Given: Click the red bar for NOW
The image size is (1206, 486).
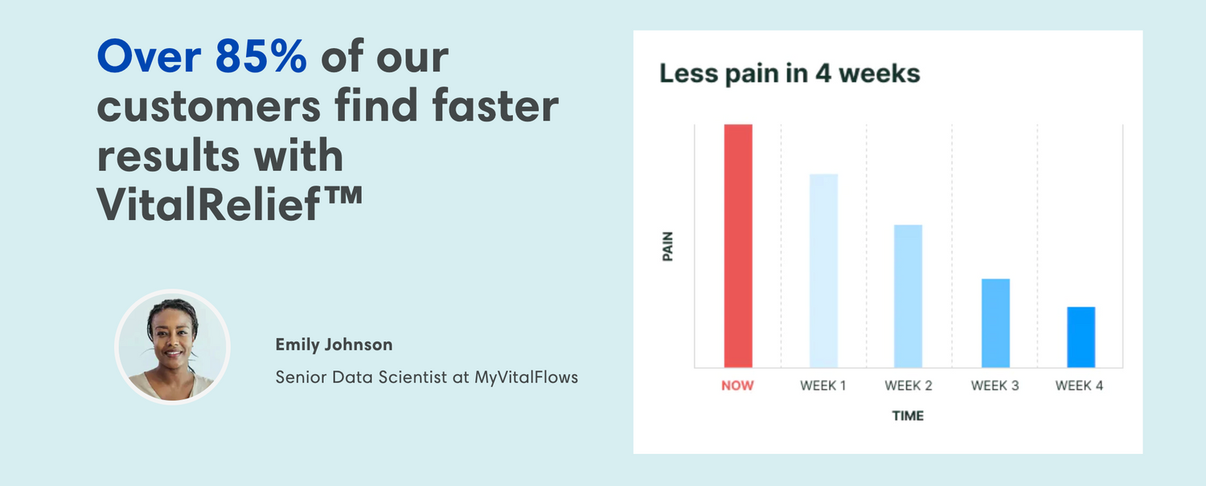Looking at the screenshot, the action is (x=738, y=246).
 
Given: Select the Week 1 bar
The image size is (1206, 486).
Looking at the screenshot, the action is (x=824, y=271).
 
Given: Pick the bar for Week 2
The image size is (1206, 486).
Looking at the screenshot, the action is (x=909, y=296).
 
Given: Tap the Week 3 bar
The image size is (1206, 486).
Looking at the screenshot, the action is (x=995, y=323).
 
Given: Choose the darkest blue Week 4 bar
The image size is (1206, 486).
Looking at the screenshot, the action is (x=1081, y=337).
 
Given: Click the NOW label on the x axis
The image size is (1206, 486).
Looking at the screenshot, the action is (x=737, y=386).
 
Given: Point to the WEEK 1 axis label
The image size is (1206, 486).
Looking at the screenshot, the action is (x=823, y=386).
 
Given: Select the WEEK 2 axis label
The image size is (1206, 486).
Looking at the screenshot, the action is (x=909, y=386).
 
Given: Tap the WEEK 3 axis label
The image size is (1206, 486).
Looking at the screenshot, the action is (x=995, y=386).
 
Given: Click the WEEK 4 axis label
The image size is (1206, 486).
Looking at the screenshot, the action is (x=1079, y=386).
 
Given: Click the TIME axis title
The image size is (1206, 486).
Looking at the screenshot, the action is (x=908, y=415).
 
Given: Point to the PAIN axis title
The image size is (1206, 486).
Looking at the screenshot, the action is (x=667, y=247).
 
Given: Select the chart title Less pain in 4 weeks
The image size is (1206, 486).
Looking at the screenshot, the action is (x=790, y=74).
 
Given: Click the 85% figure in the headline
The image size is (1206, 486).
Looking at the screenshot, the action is (x=261, y=56).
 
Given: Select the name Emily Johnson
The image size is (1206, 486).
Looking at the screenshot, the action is (x=334, y=345).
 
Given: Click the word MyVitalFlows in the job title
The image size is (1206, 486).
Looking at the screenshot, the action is (x=526, y=378).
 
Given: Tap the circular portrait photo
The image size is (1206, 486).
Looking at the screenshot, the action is (x=172, y=347).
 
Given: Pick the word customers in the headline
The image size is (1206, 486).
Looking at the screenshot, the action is (x=209, y=106).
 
